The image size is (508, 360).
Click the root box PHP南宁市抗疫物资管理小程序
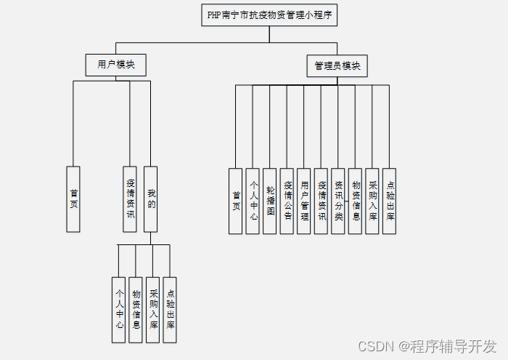[269, 15]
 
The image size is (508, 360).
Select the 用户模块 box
[116, 65]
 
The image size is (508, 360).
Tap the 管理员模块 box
[337, 66]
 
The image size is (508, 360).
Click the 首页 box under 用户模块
[73, 199]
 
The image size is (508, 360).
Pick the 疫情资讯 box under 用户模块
[131, 199]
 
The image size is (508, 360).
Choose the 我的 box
[150, 199]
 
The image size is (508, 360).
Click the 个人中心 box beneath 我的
[119, 310]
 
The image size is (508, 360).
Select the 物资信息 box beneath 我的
[136, 310]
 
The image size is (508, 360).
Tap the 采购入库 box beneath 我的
[153, 310]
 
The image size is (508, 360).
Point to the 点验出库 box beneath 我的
[171, 310]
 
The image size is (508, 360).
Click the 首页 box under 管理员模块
[236, 201]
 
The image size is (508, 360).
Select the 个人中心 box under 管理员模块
[253, 201]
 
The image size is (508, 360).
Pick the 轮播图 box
[270, 201]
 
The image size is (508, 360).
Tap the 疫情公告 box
[287, 201]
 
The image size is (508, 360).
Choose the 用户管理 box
[304, 201]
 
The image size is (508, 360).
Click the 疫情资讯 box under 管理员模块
[321, 201]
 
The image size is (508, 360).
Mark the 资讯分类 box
[338, 201]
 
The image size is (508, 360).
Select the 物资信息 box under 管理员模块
[356, 201]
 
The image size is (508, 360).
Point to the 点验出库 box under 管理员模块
[390, 201]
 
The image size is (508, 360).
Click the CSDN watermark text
[428, 345]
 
